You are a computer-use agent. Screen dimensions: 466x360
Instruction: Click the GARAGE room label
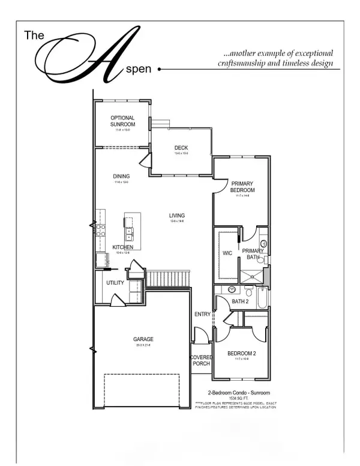coord(143,339)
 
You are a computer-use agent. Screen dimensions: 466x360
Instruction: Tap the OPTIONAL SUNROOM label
coord(122,121)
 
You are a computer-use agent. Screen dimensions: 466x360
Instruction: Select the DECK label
coord(181,148)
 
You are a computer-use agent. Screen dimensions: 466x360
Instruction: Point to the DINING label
coord(122,176)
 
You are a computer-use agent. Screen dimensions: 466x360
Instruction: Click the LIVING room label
coord(176,216)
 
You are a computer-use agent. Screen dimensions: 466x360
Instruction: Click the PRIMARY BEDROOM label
coord(243,187)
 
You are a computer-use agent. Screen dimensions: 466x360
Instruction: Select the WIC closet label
coord(227,253)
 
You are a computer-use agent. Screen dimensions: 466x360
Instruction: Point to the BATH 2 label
coord(239,301)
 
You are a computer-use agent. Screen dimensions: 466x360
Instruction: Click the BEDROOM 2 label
coord(242,354)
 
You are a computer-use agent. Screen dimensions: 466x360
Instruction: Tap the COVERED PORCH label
coord(201,360)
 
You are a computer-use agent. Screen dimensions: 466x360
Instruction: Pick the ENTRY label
coord(202,314)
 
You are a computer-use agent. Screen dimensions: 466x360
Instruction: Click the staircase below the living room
coord(168,279)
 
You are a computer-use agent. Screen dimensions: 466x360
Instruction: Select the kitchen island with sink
coord(132,230)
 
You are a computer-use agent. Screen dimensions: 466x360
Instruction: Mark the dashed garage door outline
coord(142,392)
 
